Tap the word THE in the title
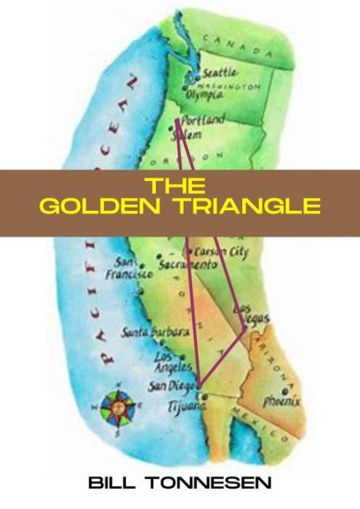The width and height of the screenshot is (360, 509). point(179,184)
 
